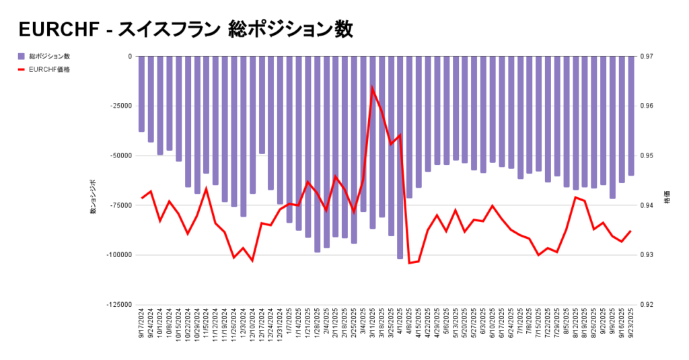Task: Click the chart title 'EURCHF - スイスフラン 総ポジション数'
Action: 186,30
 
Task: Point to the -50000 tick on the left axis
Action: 121,155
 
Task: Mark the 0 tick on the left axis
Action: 129,57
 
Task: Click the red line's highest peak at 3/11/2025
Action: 372,87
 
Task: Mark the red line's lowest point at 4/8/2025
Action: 410,262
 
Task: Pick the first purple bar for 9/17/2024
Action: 142,94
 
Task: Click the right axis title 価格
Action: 667,200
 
